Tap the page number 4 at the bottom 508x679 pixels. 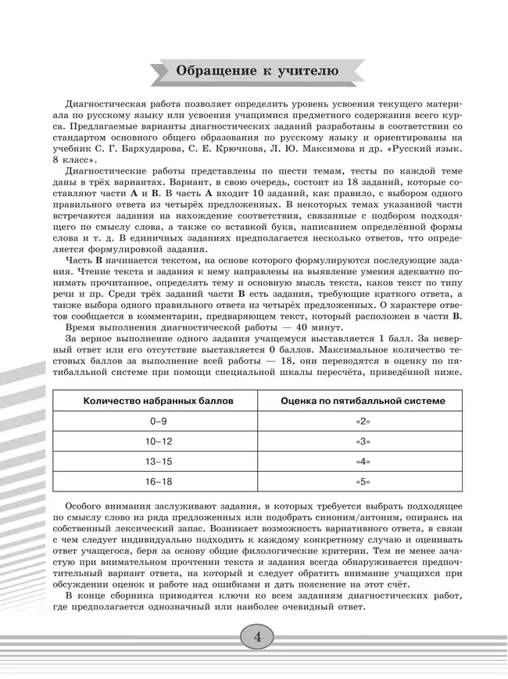pyautogui.click(x=256, y=636)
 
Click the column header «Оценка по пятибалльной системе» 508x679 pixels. pyautogui.click(x=363, y=401)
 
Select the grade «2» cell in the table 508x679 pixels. pyautogui.click(x=363, y=421)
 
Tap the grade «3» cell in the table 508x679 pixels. pyautogui.click(x=363, y=441)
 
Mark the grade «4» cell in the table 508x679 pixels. pyautogui.click(x=363, y=462)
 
